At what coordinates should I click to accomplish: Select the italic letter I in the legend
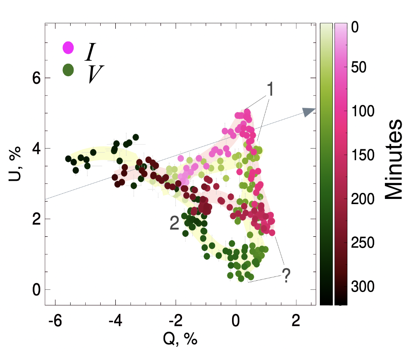point(90,51)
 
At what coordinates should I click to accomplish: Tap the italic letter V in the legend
point(96,74)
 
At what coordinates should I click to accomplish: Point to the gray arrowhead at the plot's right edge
point(309,112)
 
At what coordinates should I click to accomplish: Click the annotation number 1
point(270,90)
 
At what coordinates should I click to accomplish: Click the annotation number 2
point(174,223)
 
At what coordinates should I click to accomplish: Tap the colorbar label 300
point(363,286)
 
